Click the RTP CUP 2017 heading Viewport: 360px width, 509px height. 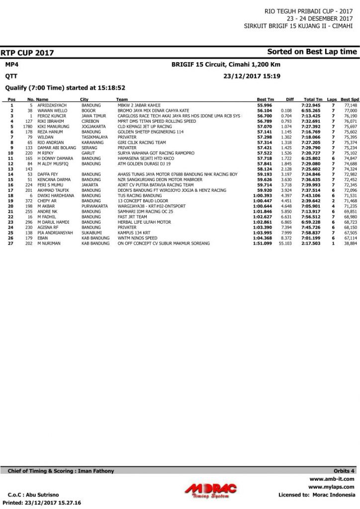coord(27,53)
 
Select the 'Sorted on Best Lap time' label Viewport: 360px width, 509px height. coord(312,52)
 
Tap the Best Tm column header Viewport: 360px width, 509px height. coord(265,100)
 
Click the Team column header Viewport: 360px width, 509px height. coord(122,100)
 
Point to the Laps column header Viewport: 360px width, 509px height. coord(332,100)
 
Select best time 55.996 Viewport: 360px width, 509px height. coord(265,105)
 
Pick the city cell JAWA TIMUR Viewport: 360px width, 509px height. coord(92,116)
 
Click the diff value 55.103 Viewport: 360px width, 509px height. coord(285,244)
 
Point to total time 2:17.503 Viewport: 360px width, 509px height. coord(311,244)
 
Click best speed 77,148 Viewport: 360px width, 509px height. coord(350,105)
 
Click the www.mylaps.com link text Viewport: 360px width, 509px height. coord(331,487)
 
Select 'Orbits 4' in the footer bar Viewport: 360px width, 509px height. coord(344,471)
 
